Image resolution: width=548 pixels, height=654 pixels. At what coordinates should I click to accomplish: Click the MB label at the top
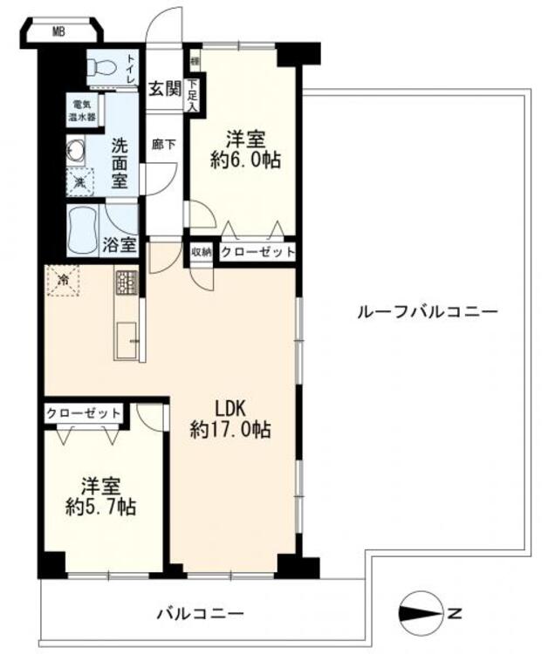[58, 33]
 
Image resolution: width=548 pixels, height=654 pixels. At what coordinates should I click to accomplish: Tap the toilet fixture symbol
[101, 68]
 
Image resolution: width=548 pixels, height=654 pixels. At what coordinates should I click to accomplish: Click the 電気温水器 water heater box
[86, 110]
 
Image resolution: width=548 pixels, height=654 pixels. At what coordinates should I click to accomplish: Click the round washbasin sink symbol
[75, 151]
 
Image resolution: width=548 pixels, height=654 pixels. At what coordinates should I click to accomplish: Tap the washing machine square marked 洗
[79, 183]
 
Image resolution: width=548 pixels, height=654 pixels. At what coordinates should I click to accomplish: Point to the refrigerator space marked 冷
[62, 281]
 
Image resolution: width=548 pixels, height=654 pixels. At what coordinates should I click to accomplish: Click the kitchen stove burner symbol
[127, 283]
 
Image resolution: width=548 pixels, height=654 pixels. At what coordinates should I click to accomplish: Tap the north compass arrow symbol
[423, 614]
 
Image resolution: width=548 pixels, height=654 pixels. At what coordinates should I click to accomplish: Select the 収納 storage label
[202, 252]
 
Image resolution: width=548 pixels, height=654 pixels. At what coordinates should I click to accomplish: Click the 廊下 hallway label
[162, 146]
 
